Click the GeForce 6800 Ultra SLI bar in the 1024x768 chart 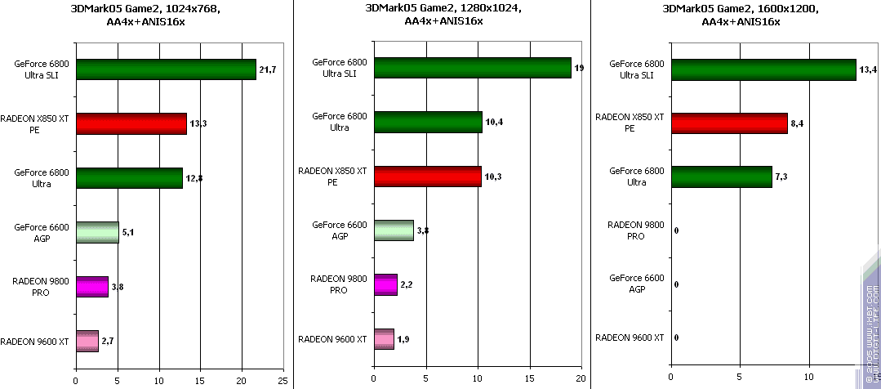166,69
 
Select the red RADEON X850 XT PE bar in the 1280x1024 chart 427,176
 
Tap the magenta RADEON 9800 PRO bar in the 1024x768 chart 91,287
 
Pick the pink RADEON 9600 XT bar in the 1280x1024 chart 384,339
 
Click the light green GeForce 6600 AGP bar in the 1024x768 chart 97,232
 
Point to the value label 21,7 268,70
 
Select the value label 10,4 495,122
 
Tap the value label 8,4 799,123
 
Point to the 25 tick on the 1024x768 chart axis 283,379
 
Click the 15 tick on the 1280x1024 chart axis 529,379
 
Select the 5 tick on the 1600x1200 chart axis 740,379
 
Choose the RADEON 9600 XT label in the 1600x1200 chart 630,338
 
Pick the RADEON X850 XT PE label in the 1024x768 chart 36,123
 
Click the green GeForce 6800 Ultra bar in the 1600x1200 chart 721,177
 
